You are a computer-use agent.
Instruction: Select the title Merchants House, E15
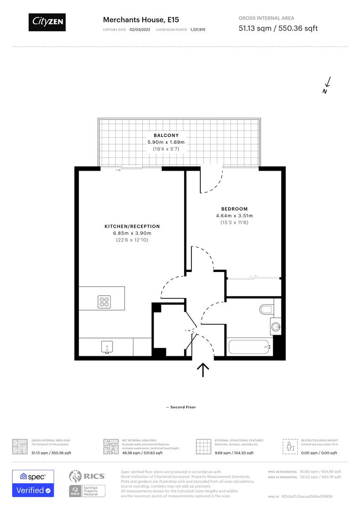tap(134, 20)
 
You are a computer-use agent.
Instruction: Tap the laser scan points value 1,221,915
tap(198, 29)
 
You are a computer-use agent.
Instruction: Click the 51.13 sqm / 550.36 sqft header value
tap(278, 28)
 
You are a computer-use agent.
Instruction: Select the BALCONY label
tap(166, 135)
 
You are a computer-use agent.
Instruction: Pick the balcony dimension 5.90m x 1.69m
tap(166, 142)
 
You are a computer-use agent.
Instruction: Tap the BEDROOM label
tap(234, 209)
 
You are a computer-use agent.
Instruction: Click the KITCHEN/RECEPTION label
tap(132, 226)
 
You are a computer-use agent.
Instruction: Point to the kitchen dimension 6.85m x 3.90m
tap(132, 233)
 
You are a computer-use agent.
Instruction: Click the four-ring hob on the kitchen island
tap(104, 301)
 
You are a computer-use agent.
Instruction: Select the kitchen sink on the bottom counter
tap(107, 347)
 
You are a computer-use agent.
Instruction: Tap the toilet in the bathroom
tap(266, 309)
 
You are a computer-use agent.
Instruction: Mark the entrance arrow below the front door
tap(203, 370)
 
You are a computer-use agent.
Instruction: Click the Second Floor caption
tap(180, 407)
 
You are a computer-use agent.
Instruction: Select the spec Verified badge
tap(33, 484)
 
